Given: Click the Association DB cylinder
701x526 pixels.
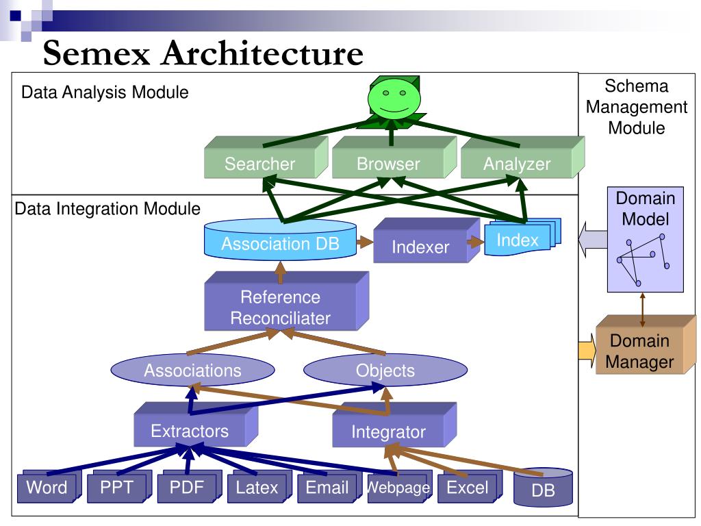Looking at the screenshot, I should [x=281, y=243].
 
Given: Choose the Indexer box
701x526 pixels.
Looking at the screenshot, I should [x=420, y=247].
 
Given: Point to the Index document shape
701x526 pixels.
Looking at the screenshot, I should [x=518, y=240].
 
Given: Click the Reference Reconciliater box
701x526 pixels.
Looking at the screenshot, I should [x=280, y=308].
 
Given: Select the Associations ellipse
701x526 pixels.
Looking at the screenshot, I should [x=192, y=371].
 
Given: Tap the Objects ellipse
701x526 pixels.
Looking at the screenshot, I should [x=385, y=371].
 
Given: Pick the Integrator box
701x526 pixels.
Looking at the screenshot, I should [x=388, y=432].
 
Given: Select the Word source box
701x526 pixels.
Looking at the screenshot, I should [x=47, y=488].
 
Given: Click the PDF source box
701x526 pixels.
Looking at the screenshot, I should [x=186, y=488].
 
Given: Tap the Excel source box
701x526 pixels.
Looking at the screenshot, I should [x=467, y=488].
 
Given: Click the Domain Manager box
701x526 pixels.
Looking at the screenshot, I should [x=640, y=351].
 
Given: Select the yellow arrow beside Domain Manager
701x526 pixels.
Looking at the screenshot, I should [x=586, y=351].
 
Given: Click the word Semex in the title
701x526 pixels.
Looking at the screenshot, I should [x=97, y=53].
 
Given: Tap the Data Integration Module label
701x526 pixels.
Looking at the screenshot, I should [x=107, y=208].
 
